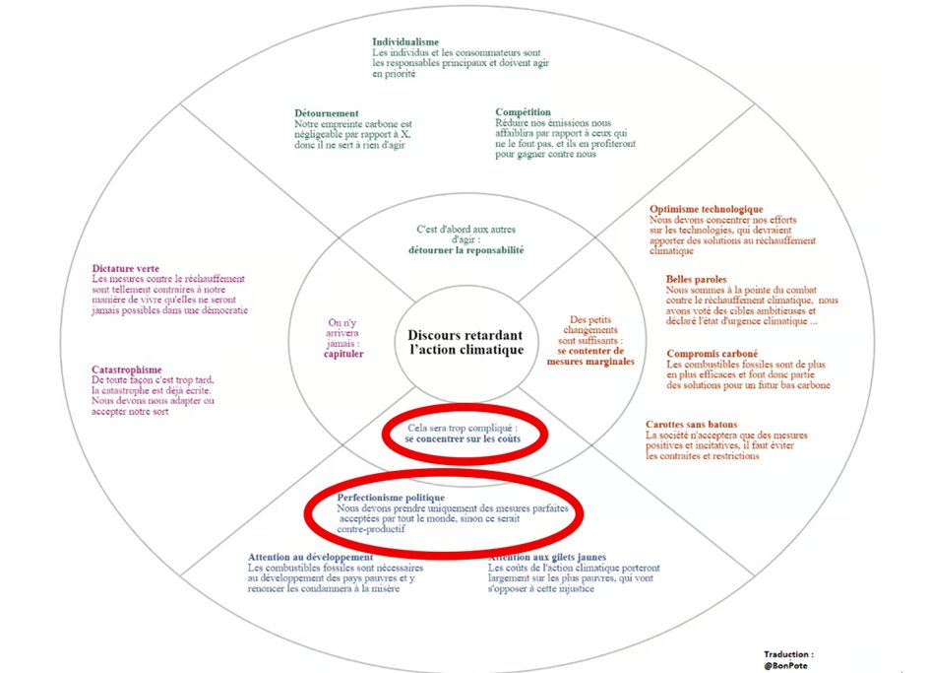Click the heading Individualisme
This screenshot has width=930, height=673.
[x=404, y=42]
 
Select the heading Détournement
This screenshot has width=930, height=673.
[x=327, y=113]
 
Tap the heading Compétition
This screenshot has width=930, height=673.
[x=524, y=112]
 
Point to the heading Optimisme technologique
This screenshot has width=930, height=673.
[x=706, y=209]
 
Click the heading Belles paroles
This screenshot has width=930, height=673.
[x=696, y=279]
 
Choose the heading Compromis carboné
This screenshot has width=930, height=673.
[x=712, y=354]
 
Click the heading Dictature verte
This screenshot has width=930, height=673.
[x=126, y=268]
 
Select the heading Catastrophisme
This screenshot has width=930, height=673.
[x=127, y=370]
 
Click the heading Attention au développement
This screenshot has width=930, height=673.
[x=296, y=557]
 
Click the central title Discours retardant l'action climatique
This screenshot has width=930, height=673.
[x=465, y=343]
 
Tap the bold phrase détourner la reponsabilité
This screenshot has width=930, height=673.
[x=465, y=250]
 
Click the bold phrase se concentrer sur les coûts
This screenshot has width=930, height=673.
[x=462, y=438]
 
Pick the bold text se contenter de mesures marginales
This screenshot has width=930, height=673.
[x=590, y=356]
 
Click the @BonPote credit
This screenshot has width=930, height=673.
[x=788, y=664]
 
